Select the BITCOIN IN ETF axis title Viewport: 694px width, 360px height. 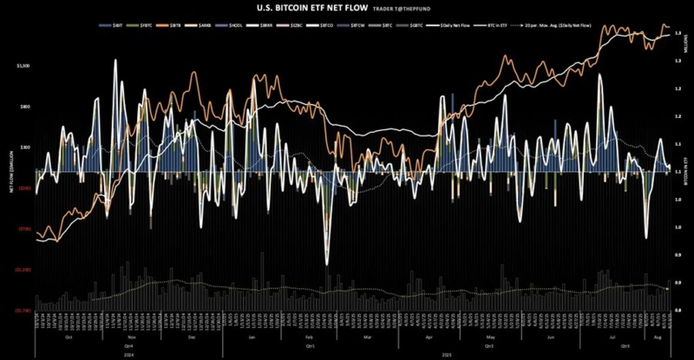pos(685,165)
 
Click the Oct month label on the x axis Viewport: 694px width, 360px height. pos(69,337)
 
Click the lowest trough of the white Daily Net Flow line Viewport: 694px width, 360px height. pos(326,264)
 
